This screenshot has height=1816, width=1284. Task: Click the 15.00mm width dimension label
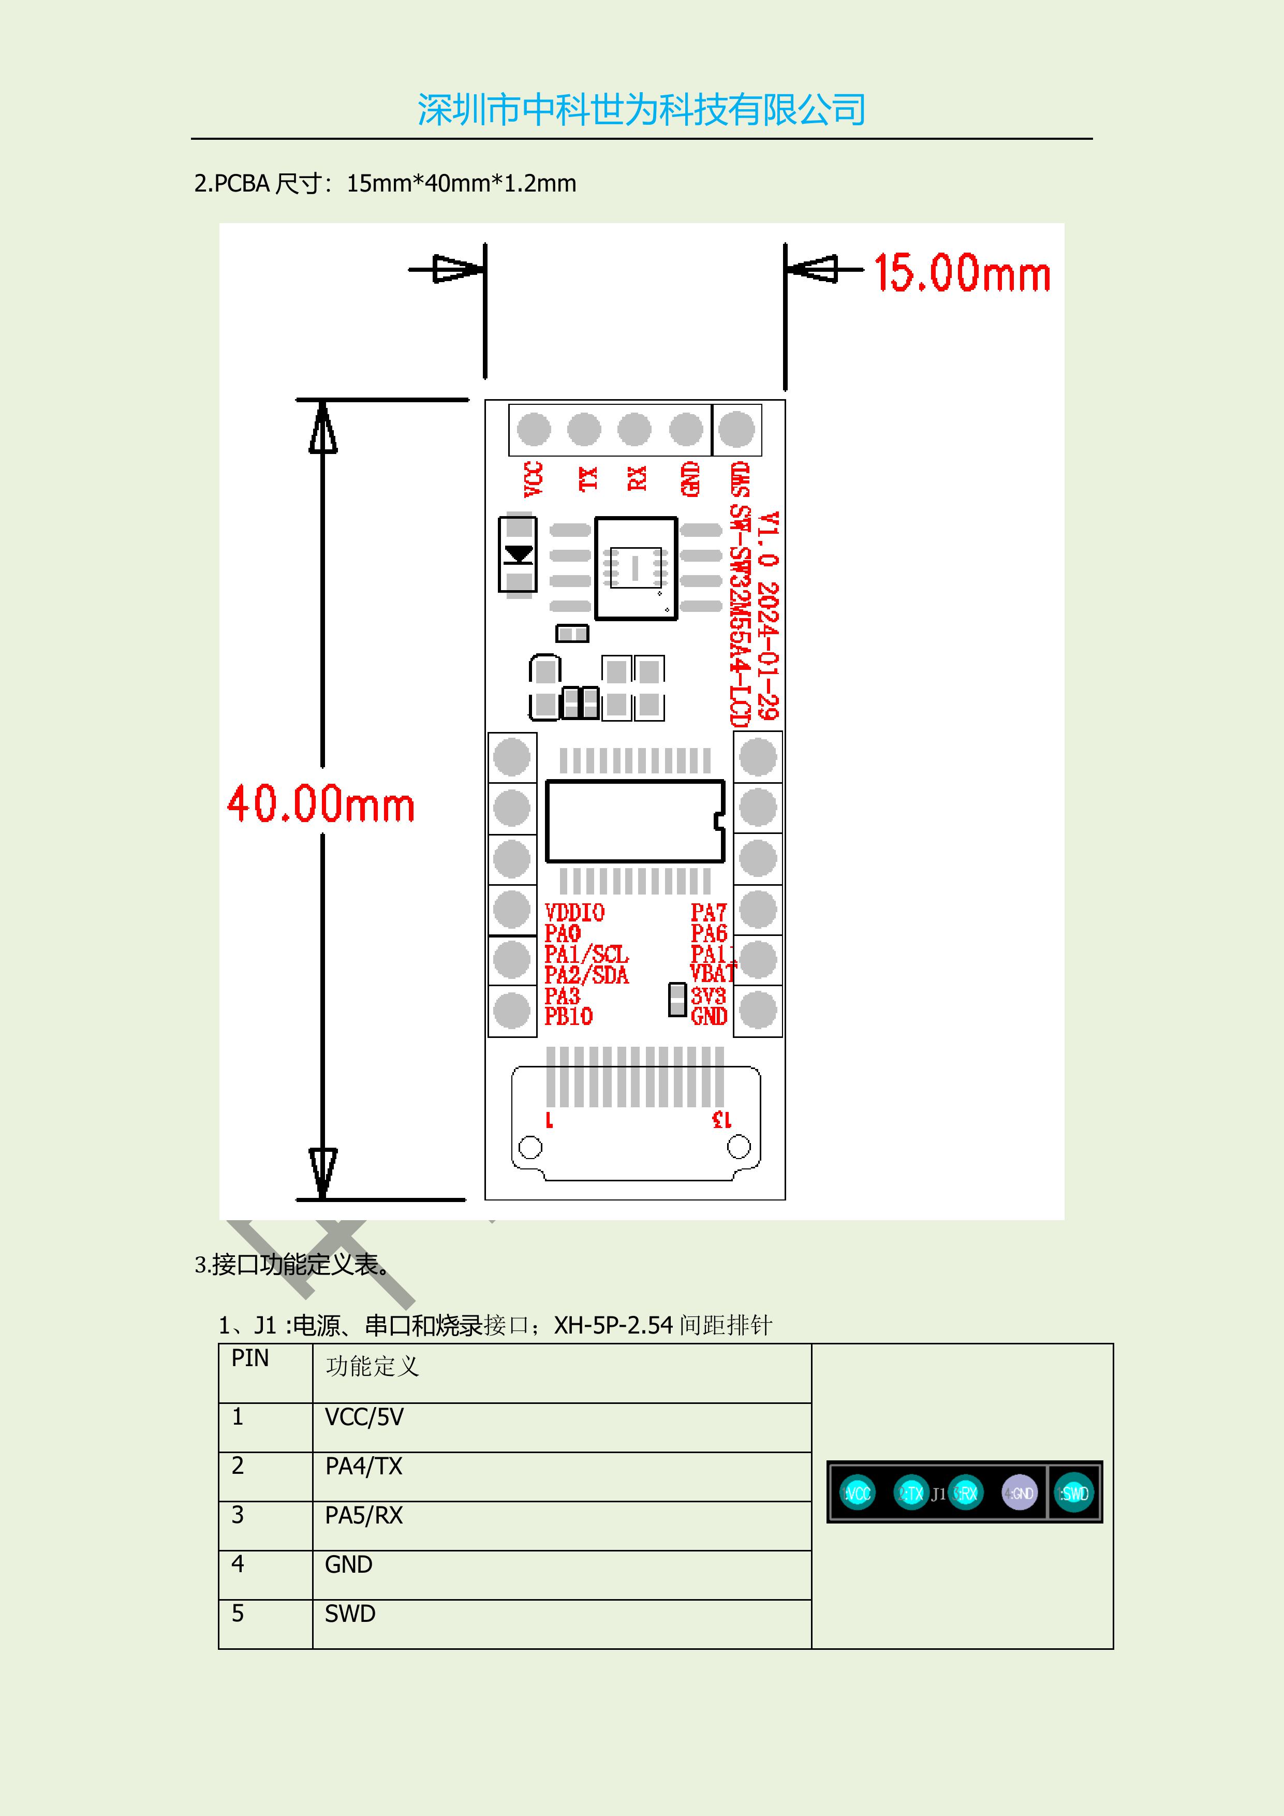[962, 274]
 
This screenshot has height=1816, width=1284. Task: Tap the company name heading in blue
[641, 109]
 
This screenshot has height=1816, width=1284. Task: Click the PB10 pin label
[568, 1016]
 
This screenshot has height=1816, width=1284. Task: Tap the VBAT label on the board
[712, 974]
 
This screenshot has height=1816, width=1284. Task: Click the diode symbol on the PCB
[518, 554]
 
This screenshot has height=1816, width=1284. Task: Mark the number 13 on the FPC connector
[721, 1119]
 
